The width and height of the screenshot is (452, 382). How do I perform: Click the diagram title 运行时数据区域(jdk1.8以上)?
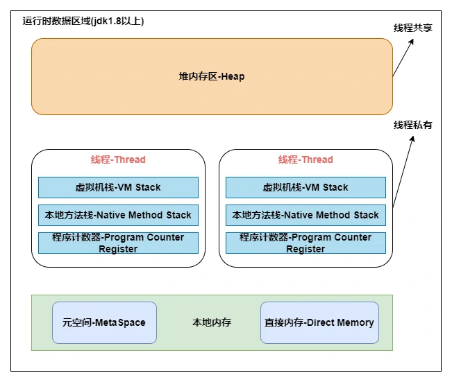point(83,21)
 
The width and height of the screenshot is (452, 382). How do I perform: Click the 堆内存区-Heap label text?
point(212,76)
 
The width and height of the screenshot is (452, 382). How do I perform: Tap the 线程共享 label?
point(413,28)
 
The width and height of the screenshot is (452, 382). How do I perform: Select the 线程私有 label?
point(413,125)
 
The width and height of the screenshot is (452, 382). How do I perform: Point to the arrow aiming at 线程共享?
point(403,58)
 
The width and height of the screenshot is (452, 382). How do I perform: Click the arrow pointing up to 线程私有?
point(403,171)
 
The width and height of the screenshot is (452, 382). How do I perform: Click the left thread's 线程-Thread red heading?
point(118,159)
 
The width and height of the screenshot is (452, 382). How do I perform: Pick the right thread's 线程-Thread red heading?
point(305,159)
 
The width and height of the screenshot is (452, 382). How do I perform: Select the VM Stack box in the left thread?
point(118,187)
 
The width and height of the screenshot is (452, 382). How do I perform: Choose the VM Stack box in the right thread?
point(305,187)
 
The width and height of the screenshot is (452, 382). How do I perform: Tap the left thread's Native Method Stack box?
point(118,215)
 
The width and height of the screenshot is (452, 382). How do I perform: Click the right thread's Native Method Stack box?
point(305,215)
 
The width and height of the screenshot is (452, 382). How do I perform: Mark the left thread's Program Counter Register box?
point(118,243)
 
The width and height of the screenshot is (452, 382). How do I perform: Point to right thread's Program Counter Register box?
point(305,243)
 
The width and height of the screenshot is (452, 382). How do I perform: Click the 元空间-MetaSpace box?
point(104,322)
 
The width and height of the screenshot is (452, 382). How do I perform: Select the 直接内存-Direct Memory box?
point(319,322)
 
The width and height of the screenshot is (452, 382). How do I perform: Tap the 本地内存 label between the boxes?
point(212,322)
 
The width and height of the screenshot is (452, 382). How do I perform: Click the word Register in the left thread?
point(118,249)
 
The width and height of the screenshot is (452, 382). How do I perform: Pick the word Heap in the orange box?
point(233,76)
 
